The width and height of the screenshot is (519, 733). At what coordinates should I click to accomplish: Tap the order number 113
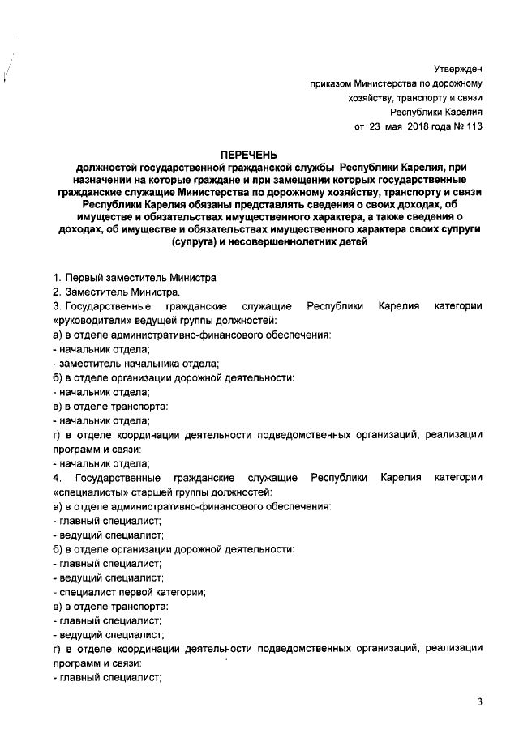(x=475, y=126)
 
